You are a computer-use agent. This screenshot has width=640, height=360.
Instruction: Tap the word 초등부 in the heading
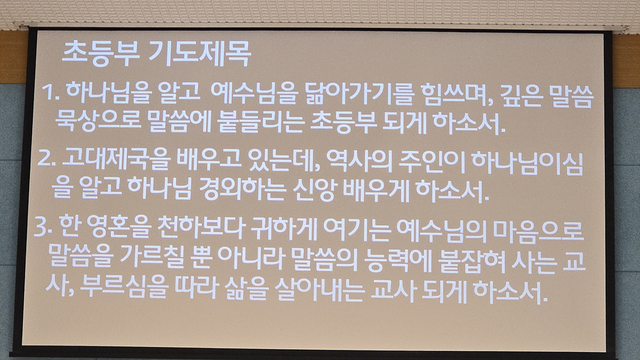pyautogui.click(x=101, y=54)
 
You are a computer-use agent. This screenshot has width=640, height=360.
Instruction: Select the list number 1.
pyautogui.click(x=50, y=93)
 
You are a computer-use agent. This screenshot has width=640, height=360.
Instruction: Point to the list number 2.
pyautogui.click(x=46, y=160)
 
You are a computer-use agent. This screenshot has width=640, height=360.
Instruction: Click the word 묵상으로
pyautogui.click(x=98, y=121)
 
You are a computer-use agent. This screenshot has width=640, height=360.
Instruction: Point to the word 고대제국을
pyautogui.click(x=116, y=160)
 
